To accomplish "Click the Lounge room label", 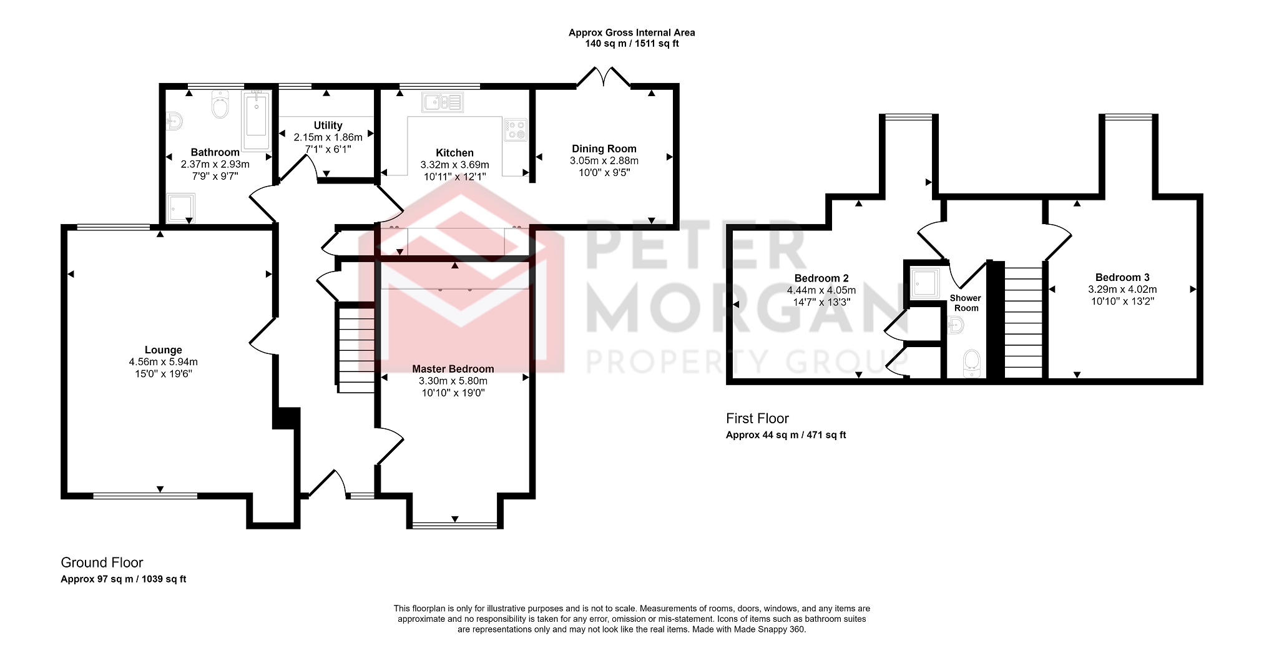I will tap(163, 350).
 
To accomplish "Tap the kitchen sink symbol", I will tap(442, 102).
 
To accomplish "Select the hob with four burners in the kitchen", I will tap(516, 130).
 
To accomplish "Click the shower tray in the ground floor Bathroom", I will tap(180, 208).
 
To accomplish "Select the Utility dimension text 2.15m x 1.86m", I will tap(328, 137).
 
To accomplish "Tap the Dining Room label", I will tap(604, 149).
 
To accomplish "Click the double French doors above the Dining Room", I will tap(603, 77).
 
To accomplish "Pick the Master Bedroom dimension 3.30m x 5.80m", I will tap(453, 381).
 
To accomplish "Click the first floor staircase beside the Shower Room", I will tap(1023, 322).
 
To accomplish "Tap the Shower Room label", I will tap(965, 303).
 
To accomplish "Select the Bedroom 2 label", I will tap(821, 278).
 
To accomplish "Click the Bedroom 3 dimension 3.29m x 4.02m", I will tap(1122, 289).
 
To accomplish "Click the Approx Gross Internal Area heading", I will tap(631, 32).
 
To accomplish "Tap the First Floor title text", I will tap(757, 418).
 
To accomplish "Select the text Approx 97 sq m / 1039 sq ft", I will tap(123, 579).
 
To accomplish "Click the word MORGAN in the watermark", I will tap(743, 309).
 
